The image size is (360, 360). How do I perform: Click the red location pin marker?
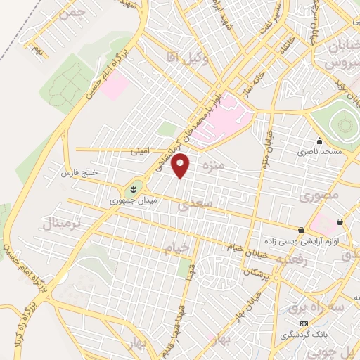click(181, 166)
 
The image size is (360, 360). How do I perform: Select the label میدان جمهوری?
click(133, 201)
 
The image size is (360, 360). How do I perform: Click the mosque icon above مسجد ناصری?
click(320, 141)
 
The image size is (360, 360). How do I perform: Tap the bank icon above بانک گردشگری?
click(304, 323)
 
